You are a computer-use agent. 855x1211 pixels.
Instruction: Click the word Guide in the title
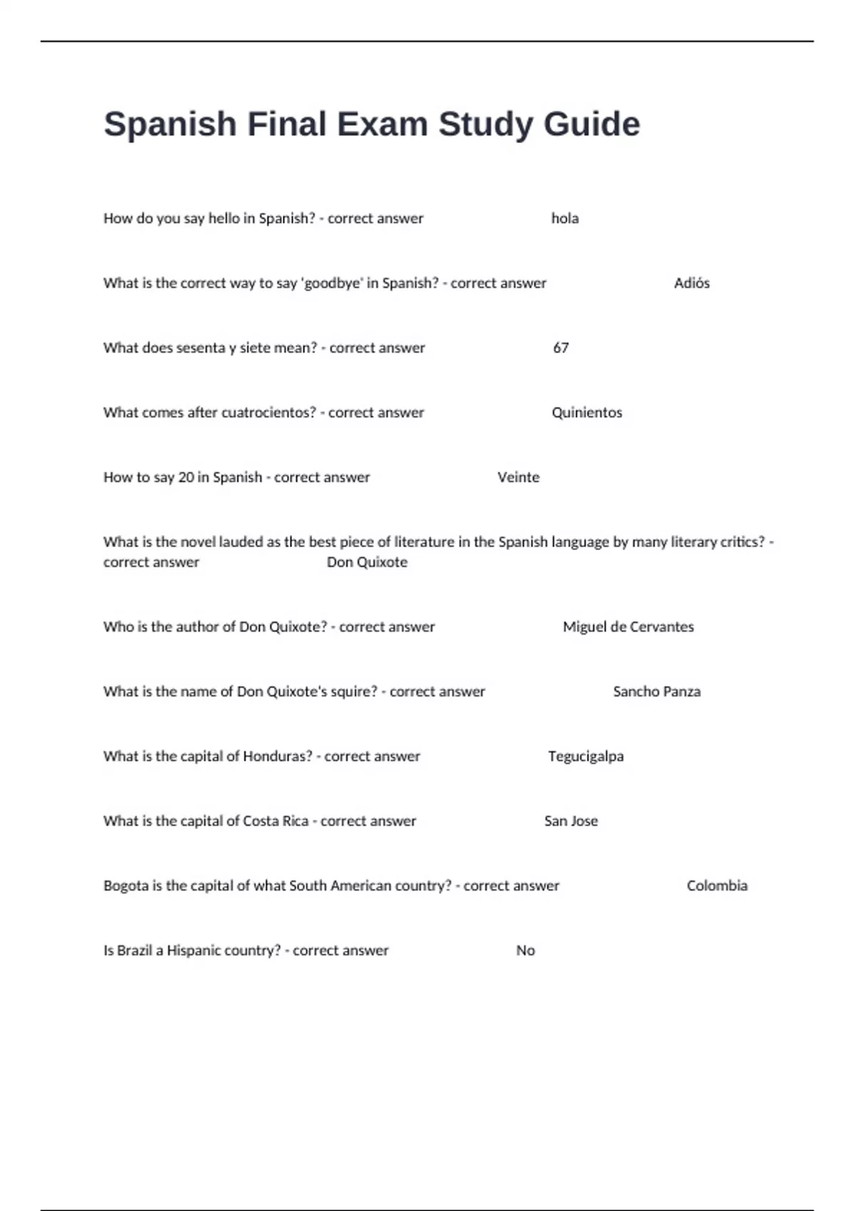click(591, 124)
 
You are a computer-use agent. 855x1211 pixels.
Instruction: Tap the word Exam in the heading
click(382, 124)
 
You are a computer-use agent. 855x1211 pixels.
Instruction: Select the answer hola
click(564, 219)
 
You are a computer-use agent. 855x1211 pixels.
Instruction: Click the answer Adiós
click(691, 284)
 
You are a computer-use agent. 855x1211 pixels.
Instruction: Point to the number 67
click(561, 348)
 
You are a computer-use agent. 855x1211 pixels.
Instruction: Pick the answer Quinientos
click(586, 413)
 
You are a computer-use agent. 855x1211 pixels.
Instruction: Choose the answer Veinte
click(518, 477)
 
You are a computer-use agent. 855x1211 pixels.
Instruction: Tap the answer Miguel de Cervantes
click(628, 627)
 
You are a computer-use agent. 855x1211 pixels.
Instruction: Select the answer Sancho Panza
click(656, 692)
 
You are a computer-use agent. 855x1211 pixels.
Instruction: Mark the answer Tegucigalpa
click(586, 757)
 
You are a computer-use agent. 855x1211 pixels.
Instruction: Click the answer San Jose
click(571, 821)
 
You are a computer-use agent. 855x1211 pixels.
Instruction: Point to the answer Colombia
click(717, 886)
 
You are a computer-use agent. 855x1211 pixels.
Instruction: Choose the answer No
click(525, 951)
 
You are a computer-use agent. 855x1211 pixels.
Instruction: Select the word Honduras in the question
click(277, 757)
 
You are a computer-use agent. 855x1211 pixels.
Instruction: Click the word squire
click(353, 692)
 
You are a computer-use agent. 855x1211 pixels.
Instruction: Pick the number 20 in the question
click(185, 477)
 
